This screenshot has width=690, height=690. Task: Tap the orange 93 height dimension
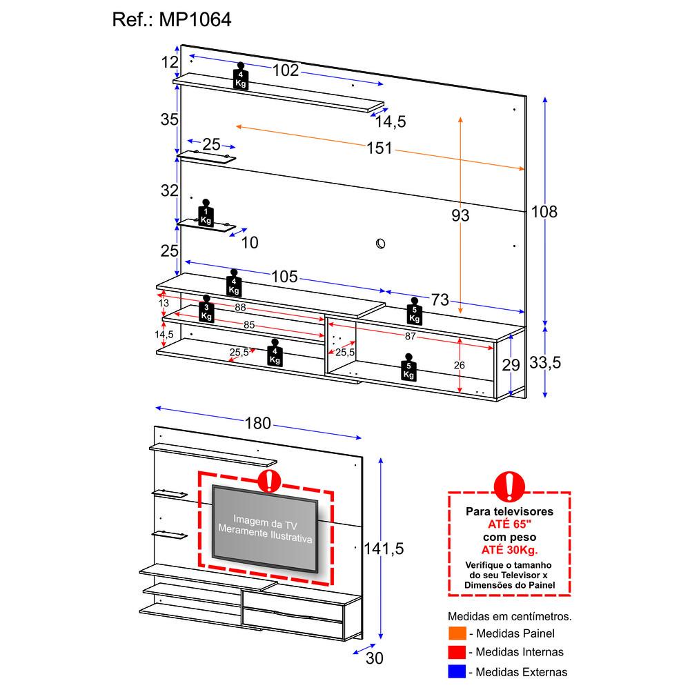[x=460, y=216]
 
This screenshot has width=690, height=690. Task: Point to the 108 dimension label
[x=543, y=211]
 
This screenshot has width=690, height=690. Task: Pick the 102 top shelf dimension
[x=285, y=70]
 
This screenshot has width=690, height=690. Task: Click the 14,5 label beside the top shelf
[x=391, y=122]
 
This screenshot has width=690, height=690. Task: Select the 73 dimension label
[x=440, y=300]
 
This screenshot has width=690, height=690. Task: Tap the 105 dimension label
[x=284, y=277]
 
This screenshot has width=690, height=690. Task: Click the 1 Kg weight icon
[x=206, y=213]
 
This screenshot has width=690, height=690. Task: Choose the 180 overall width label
[x=258, y=424]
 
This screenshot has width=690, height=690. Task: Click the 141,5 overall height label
[x=383, y=549]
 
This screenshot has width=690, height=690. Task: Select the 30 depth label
[x=374, y=658]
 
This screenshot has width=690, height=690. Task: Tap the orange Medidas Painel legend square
[x=455, y=633]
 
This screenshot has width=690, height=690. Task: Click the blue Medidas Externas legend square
[x=455, y=671]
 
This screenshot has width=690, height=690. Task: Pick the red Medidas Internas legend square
[x=455, y=652]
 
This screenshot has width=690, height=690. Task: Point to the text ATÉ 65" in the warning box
[x=509, y=524]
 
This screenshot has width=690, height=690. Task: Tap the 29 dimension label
[x=511, y=366]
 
